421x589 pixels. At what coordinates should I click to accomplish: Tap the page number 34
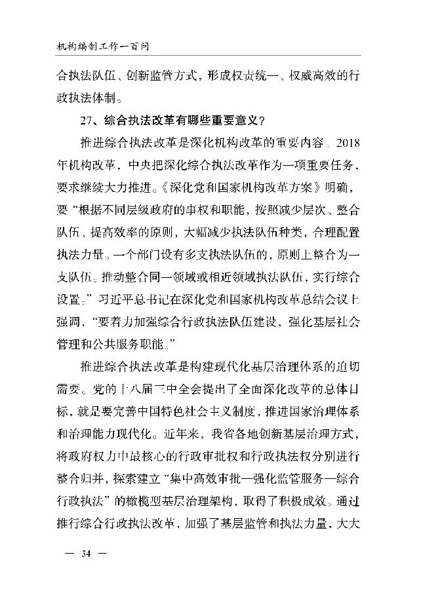click(85, 554)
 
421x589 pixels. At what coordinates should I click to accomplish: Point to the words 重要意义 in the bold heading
click(232, 120)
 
